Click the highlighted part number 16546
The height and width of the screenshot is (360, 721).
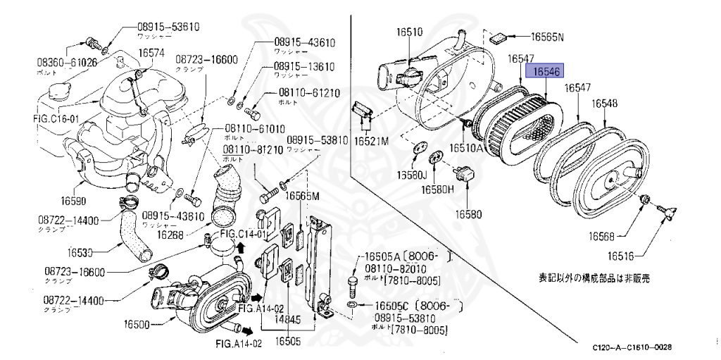[546, 72]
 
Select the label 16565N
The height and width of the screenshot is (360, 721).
[547, 36]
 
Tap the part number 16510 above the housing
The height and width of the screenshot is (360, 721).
[409, 32]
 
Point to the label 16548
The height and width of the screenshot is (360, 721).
[604, 104]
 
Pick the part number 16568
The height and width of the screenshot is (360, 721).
[602, 236]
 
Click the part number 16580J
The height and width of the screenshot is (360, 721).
[412, 175]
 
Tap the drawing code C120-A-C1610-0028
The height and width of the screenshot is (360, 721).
[631, 347]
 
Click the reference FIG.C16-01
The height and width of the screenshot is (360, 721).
[56, 118]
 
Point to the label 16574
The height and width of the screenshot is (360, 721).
[151, 53]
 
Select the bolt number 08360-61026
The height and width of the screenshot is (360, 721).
[67, 63]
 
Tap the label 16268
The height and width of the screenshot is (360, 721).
[170, 235]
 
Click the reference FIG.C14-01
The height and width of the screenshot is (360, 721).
[244, 234]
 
